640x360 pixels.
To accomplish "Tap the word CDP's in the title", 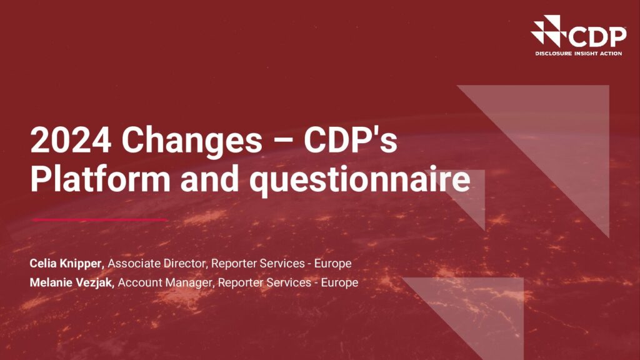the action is (x=350, y=140).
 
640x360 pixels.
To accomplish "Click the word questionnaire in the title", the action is (x=360, y=181).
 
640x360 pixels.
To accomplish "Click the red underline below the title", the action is (x=100, y=219).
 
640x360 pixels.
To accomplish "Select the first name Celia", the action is (x=43, y=263).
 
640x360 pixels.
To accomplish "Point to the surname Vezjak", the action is (x=92, y=283).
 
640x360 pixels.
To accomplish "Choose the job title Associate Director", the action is (x=157, y=263).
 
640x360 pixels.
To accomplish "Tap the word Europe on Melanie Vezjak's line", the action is (x=339, y=283).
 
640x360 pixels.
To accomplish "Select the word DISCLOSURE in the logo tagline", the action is (x=554, y=54).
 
